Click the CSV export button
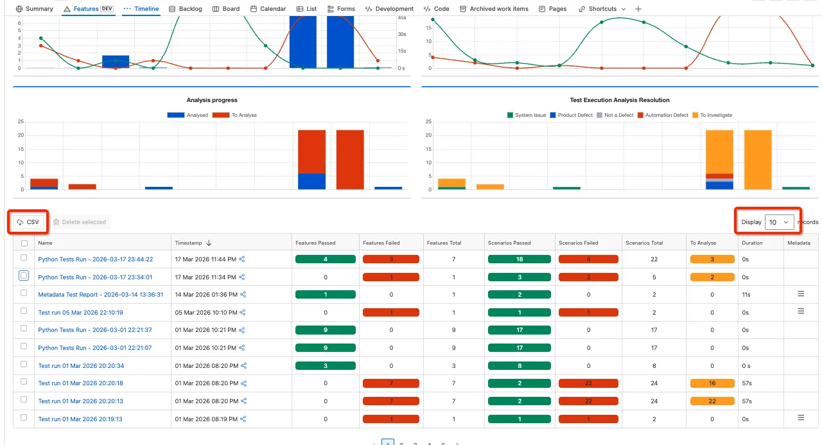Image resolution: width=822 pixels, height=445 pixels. point(28,222)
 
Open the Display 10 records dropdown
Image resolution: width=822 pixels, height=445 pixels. point(779,222)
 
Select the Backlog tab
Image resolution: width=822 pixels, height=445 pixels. point(186,9)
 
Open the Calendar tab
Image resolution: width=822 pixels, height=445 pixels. point(268,9)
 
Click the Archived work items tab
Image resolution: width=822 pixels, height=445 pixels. point(494,9)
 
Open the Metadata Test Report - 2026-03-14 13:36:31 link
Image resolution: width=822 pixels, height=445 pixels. point(101,295)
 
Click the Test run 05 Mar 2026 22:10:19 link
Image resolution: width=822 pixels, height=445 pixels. point(80,313)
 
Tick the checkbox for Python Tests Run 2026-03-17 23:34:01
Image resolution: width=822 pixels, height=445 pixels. point(24,275)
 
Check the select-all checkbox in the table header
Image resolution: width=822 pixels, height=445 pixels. point(24,243)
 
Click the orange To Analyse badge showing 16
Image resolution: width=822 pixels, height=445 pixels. point(712,383)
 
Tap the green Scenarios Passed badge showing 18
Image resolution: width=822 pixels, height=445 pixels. point(520,259)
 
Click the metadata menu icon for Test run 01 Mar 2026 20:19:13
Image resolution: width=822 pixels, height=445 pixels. point(801,418)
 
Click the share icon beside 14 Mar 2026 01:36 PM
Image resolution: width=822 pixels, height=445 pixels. point(243,295)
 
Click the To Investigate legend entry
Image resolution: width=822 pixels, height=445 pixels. point(712,115)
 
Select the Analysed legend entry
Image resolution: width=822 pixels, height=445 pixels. point(188,115)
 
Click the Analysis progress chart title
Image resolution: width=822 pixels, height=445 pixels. point(212,100)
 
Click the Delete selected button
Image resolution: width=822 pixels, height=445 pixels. point(80,222)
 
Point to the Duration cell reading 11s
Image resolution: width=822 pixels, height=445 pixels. point(746,295)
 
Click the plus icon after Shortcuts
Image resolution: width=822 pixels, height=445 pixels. point(638,9)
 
